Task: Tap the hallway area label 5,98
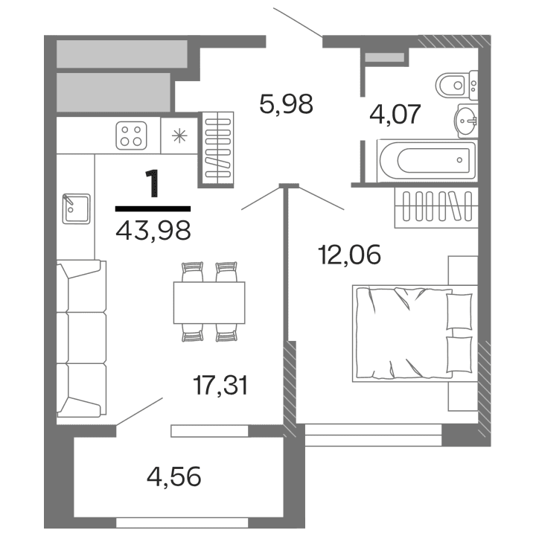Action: click(286, 103)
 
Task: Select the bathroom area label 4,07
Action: click(396, 115)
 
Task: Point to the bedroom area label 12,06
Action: click(349, 255)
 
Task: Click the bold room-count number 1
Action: click(153, 184)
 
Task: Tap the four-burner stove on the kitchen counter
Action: click(132, 135)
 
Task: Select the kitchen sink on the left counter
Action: click(75, 208)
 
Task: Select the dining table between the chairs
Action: click(209, 302)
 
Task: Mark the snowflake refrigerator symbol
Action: click(179, 135)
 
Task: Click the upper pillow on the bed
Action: click(459, 310)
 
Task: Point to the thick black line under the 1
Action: click(153, 208)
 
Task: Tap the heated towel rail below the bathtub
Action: click(434, 205)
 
